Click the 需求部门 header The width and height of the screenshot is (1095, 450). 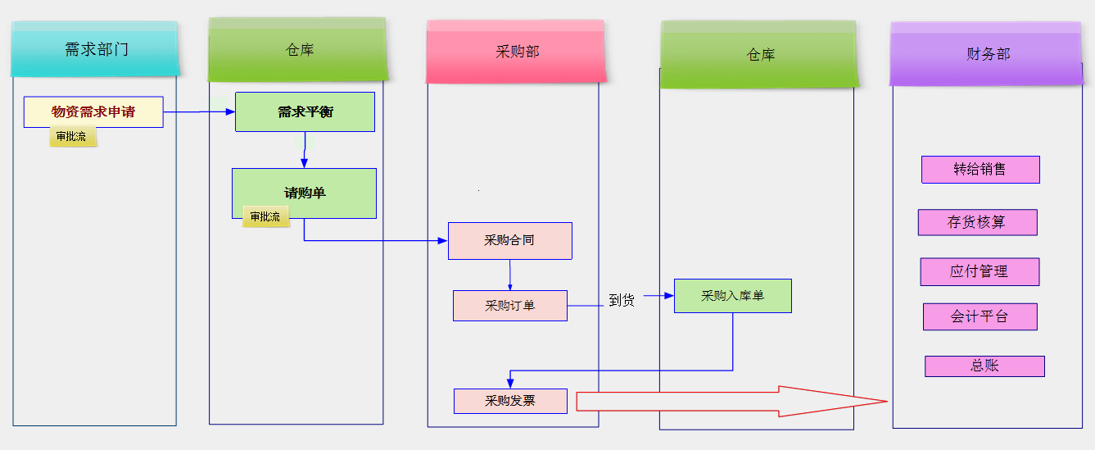pos(95,49)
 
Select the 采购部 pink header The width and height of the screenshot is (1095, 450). pos(516,52)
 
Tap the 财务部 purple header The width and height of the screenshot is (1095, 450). pos(987,54)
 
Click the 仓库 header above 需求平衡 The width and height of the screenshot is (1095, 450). pos(298,50)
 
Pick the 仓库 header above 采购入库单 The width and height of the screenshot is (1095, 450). pos(759,55)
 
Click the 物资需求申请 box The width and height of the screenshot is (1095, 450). pos(93,112)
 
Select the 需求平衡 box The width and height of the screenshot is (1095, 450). pos(305,112)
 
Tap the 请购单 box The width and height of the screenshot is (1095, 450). pos(304,193)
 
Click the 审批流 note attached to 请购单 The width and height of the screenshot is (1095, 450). pos(265,217)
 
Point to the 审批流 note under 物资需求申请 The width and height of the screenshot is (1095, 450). pos(72,137)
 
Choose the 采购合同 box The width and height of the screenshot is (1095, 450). pos(509,241)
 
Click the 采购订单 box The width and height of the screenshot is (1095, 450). pos(509,306)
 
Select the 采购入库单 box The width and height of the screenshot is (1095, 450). pos(732,296)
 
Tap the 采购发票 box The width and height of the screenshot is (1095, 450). pos(509,401)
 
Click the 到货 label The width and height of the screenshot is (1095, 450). pos(622,301)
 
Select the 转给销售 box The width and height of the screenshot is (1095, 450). pos(980,170)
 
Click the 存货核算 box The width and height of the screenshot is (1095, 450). pos(977,222)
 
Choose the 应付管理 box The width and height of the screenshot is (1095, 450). pos(979,272)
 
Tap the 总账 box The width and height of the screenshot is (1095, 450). pos(984,366)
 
